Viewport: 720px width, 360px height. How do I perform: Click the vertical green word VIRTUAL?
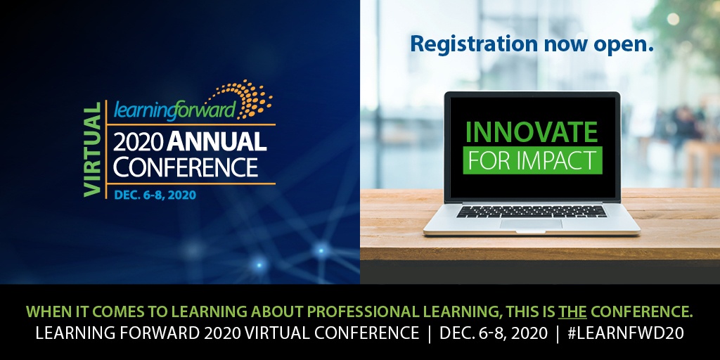(93, 149)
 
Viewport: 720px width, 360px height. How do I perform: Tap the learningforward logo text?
(174, 110)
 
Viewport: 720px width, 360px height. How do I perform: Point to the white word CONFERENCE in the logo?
(186, 167)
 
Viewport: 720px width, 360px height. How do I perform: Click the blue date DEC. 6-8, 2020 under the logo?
(155, 195)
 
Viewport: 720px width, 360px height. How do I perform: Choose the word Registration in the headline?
(473, 44)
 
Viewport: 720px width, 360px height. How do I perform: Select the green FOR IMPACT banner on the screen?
(532, 160)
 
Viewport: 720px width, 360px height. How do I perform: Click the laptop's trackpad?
(531, 224)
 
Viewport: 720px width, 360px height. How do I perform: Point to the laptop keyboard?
(532, 211)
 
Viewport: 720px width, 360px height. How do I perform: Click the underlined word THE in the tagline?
(572, 311)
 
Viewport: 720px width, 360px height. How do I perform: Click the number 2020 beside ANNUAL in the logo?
(138, 141)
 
